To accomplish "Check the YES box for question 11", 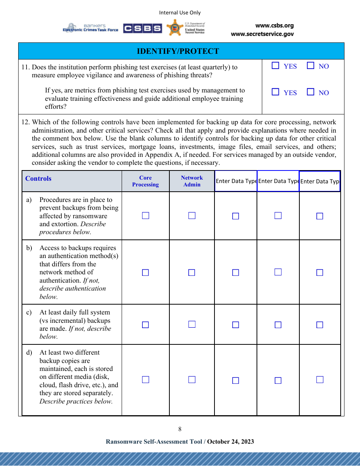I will (x=275, y=66).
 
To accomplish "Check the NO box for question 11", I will (x=311, y=66).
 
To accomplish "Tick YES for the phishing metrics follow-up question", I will (x=275, y=92).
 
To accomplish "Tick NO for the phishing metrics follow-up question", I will (x=311, y=92).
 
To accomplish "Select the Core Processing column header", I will (x=146, y=181).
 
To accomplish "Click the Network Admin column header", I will (x=192, y=181).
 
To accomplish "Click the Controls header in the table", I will (x=38, y=179).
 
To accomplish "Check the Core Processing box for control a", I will (x=146, y=216).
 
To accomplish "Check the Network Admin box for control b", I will (x=192, y=272).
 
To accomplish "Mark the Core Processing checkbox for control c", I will (x=146, y=325).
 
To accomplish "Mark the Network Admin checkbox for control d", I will (x=192, y=380).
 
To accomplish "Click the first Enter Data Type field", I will (x=236, y=181).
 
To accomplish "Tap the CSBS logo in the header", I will (x=142, y=28).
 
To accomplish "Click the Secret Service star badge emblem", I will (x=175, y=28).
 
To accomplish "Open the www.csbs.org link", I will (x=274, y=26).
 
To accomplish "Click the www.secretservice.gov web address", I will (x=262, y=34).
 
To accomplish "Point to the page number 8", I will (x=180, y=429).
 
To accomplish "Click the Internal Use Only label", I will (x=180, y=13).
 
